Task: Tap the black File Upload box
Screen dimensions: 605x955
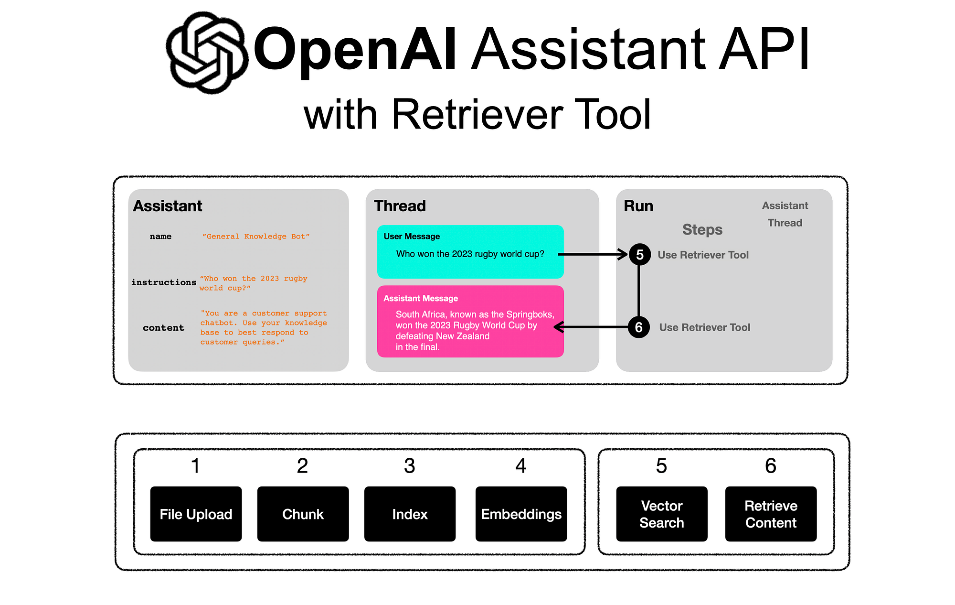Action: (x=196, y=514)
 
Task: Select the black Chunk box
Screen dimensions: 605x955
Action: (x=303, y=514)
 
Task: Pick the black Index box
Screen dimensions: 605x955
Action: (x=410, y=514)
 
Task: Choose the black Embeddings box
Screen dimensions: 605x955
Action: (x=521, y=514)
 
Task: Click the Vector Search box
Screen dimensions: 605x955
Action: (x=661, y=514)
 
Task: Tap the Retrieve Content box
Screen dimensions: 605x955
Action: (x=771, y=514)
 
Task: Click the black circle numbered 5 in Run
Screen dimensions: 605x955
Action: (x=639, y=255)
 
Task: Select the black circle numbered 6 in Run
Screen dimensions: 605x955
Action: (x=638, y=327)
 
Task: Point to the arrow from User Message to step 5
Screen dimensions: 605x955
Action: (x=592, y=254)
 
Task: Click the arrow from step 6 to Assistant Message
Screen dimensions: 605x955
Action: (x=592, y=327)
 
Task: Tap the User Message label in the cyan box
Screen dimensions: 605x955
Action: (x=412, y=237)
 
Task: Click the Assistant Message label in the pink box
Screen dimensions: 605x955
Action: (x=421, y=299)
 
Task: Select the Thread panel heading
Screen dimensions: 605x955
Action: (x=400, y=206)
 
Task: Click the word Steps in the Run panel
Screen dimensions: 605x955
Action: (x=702, y=230)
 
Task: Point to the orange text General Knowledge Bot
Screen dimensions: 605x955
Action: (x=256, y=237)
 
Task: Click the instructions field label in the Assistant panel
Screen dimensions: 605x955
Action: (x=164, y=282)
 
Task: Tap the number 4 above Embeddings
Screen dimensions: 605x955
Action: (x=521, y=466)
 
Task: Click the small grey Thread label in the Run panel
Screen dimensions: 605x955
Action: (x=785, y=223)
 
